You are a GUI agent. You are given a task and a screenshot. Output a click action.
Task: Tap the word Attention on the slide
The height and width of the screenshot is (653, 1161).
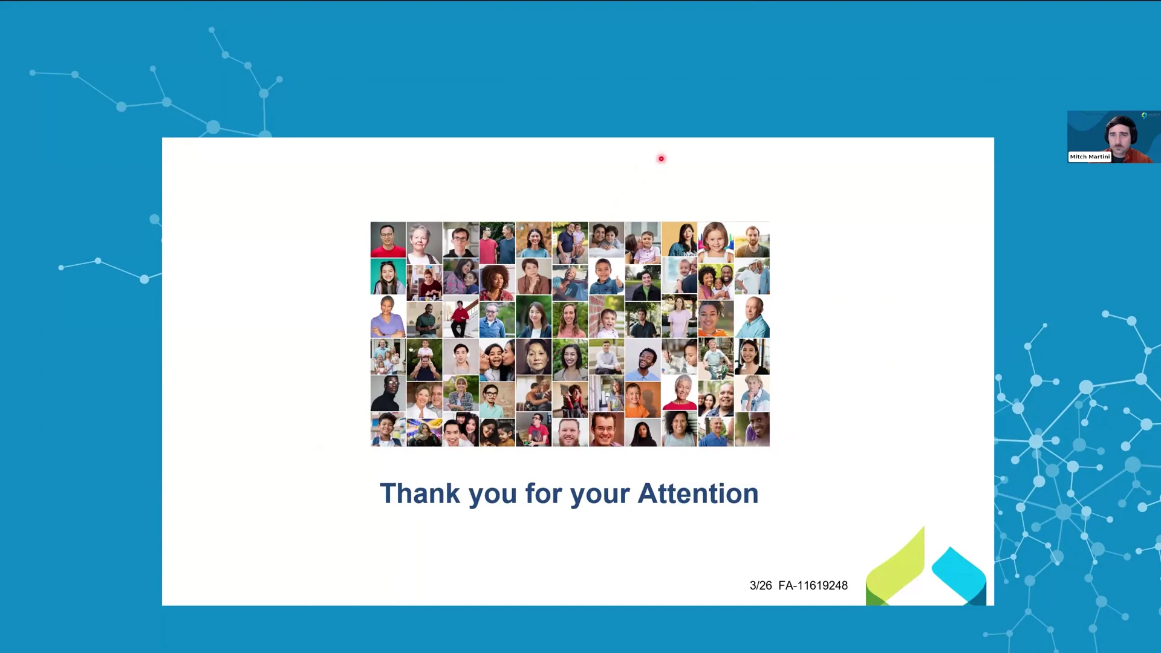pyautogui.click(x=698, y=493)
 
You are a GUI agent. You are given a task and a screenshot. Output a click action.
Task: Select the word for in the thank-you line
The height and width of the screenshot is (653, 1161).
pyautogui.click(x=544, y=493)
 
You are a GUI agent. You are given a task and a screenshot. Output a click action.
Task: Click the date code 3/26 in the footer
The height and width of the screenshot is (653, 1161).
pyautogui.click(x=761, y=585)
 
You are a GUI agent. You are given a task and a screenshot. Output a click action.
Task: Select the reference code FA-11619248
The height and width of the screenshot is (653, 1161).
pyautogui.click(x=813, y=585)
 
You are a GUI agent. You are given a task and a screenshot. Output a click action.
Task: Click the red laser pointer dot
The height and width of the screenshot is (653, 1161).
pyautogui.click(x=661, y=159)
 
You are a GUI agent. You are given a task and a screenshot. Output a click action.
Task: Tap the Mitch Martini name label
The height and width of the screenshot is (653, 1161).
pyautogui.click(x=1090, y=157)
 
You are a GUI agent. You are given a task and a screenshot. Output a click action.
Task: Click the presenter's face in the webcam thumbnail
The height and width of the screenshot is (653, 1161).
pyautogui.click(x=1119, y=137)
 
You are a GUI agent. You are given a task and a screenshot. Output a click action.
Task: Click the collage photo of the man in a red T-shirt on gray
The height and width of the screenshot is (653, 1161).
pyautogui.click(x=388, y=239)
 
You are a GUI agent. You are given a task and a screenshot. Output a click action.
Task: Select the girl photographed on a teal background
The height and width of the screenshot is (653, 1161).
pyautogui.click(x=388, y=276)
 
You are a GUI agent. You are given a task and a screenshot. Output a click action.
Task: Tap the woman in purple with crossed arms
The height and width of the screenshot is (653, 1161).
pyautogui.click(x=388, y=316)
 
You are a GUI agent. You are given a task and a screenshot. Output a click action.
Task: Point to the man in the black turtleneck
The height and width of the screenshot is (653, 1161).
pyautogui.click(x=388, y=394)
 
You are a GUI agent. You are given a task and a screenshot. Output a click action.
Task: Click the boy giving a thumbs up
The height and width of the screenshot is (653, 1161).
pyautogui.click(x=607, y=276)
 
